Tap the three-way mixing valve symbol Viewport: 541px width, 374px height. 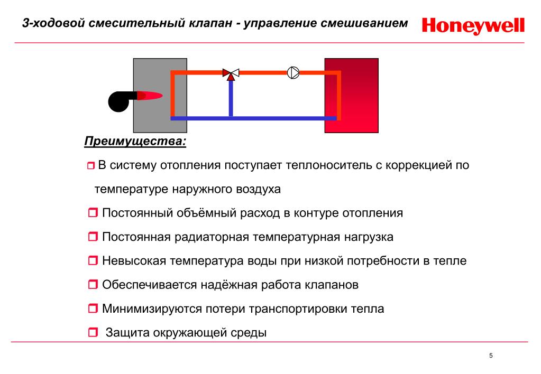point(231,74)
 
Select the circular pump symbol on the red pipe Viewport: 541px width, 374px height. point(294,73)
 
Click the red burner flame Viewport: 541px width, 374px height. point(150,96)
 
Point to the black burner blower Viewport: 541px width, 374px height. point(121,101)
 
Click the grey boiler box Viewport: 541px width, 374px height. point(160,96)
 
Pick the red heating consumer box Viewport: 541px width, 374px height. point(352,96)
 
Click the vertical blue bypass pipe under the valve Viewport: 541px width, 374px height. point(231,99)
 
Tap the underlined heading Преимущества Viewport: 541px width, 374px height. point(135,142)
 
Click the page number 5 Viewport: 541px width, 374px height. point(491,356)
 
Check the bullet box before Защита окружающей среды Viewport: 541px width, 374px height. point(93,332)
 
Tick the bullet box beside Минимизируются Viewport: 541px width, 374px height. point(93,308)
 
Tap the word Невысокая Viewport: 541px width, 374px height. point(134,261)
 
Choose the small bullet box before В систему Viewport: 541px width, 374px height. point(91,166)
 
